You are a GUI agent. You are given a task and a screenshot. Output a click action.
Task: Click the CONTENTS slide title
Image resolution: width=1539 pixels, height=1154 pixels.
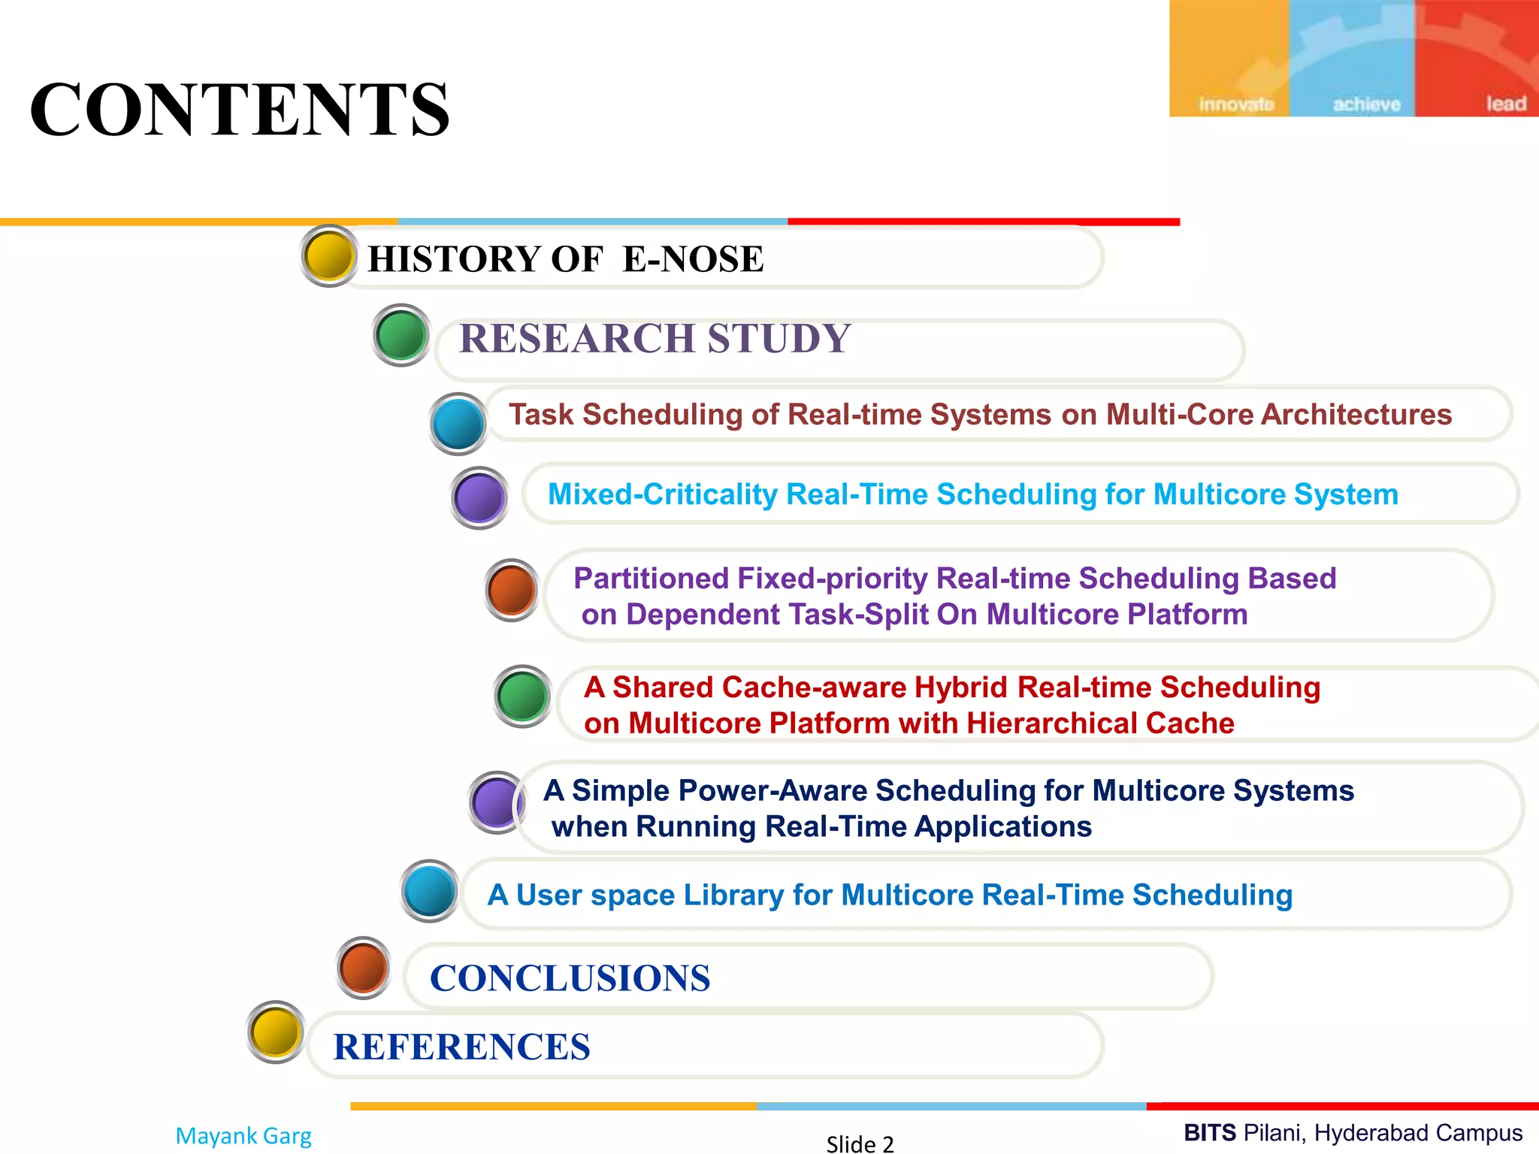coord(240,110)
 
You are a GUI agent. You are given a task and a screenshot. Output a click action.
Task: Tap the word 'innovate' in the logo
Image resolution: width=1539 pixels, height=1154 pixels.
coord(1236,104)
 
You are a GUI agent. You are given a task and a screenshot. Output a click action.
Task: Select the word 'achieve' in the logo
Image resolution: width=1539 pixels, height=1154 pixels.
coord(1366,104)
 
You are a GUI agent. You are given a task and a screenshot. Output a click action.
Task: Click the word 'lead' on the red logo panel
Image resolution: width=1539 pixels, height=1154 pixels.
coord(1505,104)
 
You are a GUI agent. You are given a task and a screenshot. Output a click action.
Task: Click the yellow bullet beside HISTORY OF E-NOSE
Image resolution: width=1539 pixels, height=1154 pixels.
coord(329,255)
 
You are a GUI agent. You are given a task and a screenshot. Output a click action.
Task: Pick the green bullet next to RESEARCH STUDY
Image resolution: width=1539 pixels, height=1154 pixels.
coord(401,335)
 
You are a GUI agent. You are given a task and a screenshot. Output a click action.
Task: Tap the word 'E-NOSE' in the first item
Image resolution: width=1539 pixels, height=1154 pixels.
coord(693,259)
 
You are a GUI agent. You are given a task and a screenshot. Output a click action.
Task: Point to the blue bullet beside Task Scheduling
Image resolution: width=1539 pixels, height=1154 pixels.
coord(458,424)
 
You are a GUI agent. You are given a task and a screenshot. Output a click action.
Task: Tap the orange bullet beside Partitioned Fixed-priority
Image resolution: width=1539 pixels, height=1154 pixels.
coord(512,590)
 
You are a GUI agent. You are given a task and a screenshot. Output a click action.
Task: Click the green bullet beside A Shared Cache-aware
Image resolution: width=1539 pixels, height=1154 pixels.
coord(522,696)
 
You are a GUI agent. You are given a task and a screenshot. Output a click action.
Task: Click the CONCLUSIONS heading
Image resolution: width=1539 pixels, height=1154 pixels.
coord(570,978)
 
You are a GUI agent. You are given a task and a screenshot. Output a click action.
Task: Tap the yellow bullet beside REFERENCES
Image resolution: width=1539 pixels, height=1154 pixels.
coord(276,1032)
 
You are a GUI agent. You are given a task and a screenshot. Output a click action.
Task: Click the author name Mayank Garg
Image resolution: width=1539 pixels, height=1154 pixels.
coord(243,1135)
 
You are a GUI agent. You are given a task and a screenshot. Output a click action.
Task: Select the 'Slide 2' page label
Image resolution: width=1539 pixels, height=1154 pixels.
coord(860,1143)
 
